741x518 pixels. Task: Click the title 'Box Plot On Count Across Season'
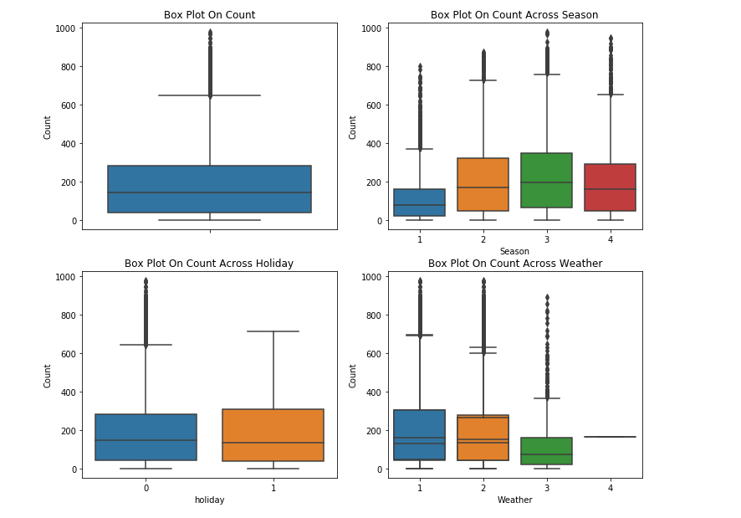(514, 15)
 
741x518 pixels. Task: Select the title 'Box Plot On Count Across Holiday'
(209, 264)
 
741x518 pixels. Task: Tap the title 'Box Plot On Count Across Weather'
(514, 264)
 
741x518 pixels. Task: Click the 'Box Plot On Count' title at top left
(209, 15)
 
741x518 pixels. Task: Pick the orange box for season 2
(483, 184)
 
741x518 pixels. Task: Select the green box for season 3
(546, 180)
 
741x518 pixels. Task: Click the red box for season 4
(610, 187)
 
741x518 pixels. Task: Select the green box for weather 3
(546, 451)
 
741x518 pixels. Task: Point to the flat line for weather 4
(610, 437)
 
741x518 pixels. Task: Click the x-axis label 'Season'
(514, 251)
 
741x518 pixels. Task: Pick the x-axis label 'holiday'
(209, 500)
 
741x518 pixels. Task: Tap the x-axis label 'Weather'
(514, 500)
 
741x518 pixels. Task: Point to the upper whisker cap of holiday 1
(273, 331)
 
